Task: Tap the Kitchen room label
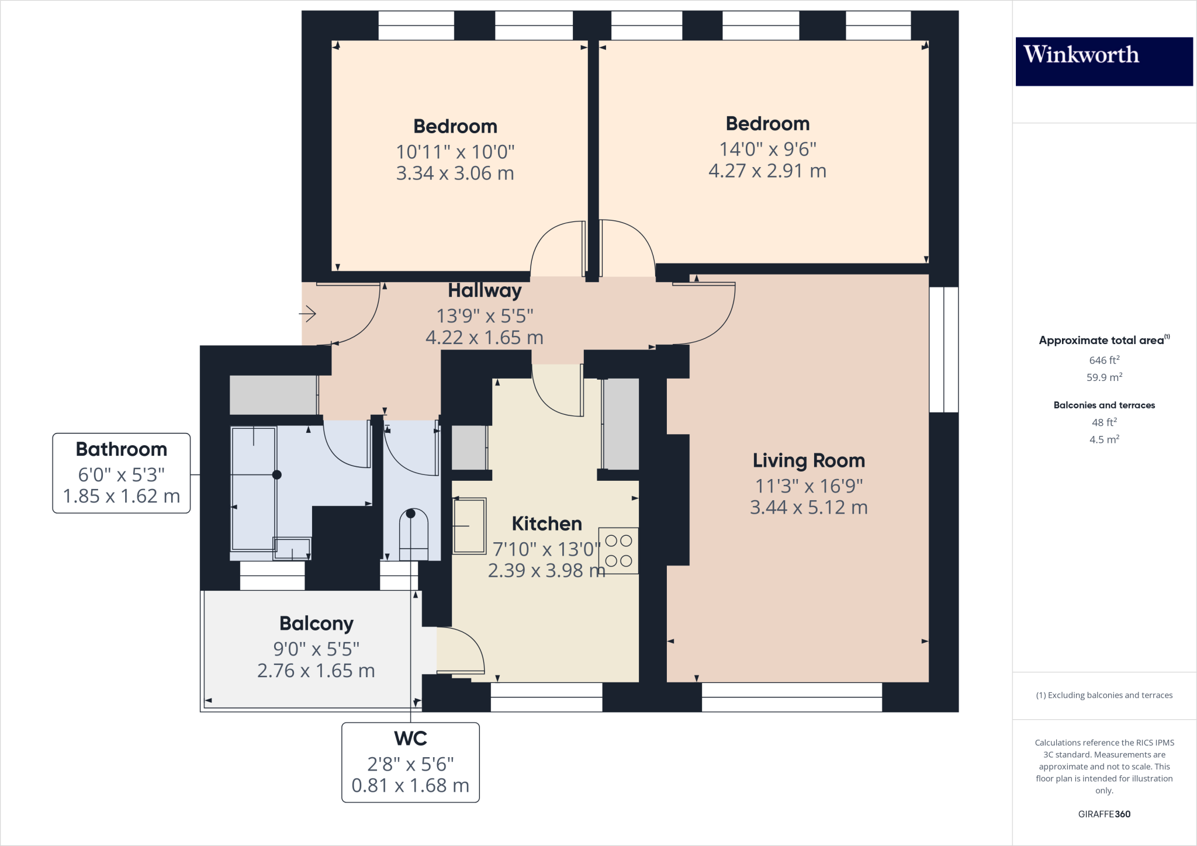pyautogui.click(x=546, y=523)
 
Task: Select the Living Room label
pyautogui.click(x=808, y=460)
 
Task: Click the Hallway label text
pyautogui.click(x=485, y=290)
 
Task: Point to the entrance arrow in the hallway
pyautogui.click(x=308, y=314)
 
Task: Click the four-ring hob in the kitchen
pyautogui.click(x=618, y=550)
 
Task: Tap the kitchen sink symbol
pyautogui.click(x=469, y=526)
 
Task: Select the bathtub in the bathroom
pyautogui.click(x=253, y=488)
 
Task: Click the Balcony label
pyautogui.click(x=316, y=623)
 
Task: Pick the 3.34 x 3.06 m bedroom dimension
pyautogui.click(x=455, y=173)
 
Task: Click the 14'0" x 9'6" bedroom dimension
pyautogui.click(x=767, y=149)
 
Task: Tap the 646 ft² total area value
pyautogui.click(x=1103, y=360)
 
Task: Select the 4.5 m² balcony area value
pyautogui.click(x=1103, y=439)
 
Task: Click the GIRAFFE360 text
pyautogui.click(x=1103, y=814)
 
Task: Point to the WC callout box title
pyautogui.click(x=410, y=738)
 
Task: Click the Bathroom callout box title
pyautogui.click(x=122, y=449)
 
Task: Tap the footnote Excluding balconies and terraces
pyautogui.click(x=1103, y=695)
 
